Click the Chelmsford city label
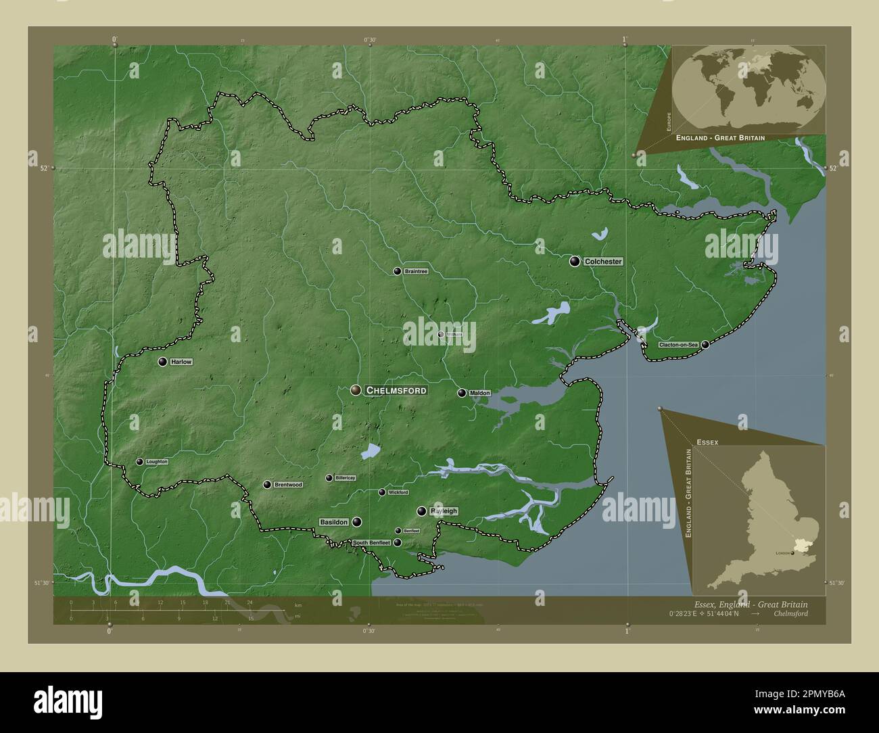coord(396,390)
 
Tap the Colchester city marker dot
coord(575,261)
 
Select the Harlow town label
coord(181,362)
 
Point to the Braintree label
coord(415,271)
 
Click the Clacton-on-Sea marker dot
coord(705,345)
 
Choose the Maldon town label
coord(479,393)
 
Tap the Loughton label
coord(156,462)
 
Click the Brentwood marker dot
coord(268,485)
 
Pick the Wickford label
coord(398,492)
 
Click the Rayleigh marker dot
coord(421,511)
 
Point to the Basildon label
coord(334,522)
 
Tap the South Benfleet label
coord(371,543)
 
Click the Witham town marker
coord(441,334)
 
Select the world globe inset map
coord(749,89)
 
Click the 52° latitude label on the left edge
coord(44,168)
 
